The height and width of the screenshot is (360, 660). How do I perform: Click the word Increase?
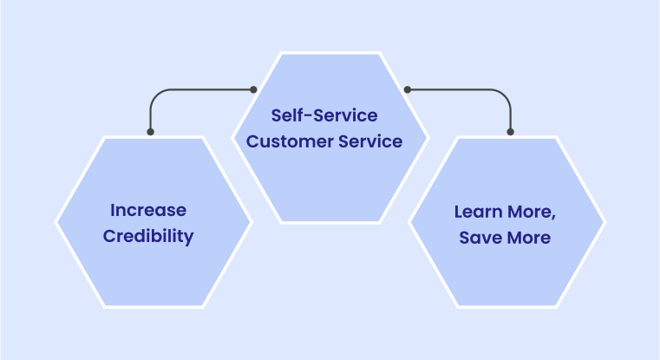pyautogui.click(x=148, y=210)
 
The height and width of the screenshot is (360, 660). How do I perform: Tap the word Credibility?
pyautogui.click(x=148, y=237)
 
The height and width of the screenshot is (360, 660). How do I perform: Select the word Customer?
pyautogui.click(x=290, y=141)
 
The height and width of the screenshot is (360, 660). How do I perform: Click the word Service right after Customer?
pyautogui.click(x=370, y=141)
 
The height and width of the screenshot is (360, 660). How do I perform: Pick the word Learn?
pyautogui.click(x=478, y=212)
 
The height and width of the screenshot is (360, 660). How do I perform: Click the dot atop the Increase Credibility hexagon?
pyautogui.click(x=150, y=132)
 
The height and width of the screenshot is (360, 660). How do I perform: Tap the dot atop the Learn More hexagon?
pyautogui.click(x=511, y=132)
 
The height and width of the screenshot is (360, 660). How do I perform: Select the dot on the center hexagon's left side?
pyautogui.click(x=253, y=89)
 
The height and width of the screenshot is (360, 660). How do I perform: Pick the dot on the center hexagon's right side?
pyautogui.click(x=408, y=89)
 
